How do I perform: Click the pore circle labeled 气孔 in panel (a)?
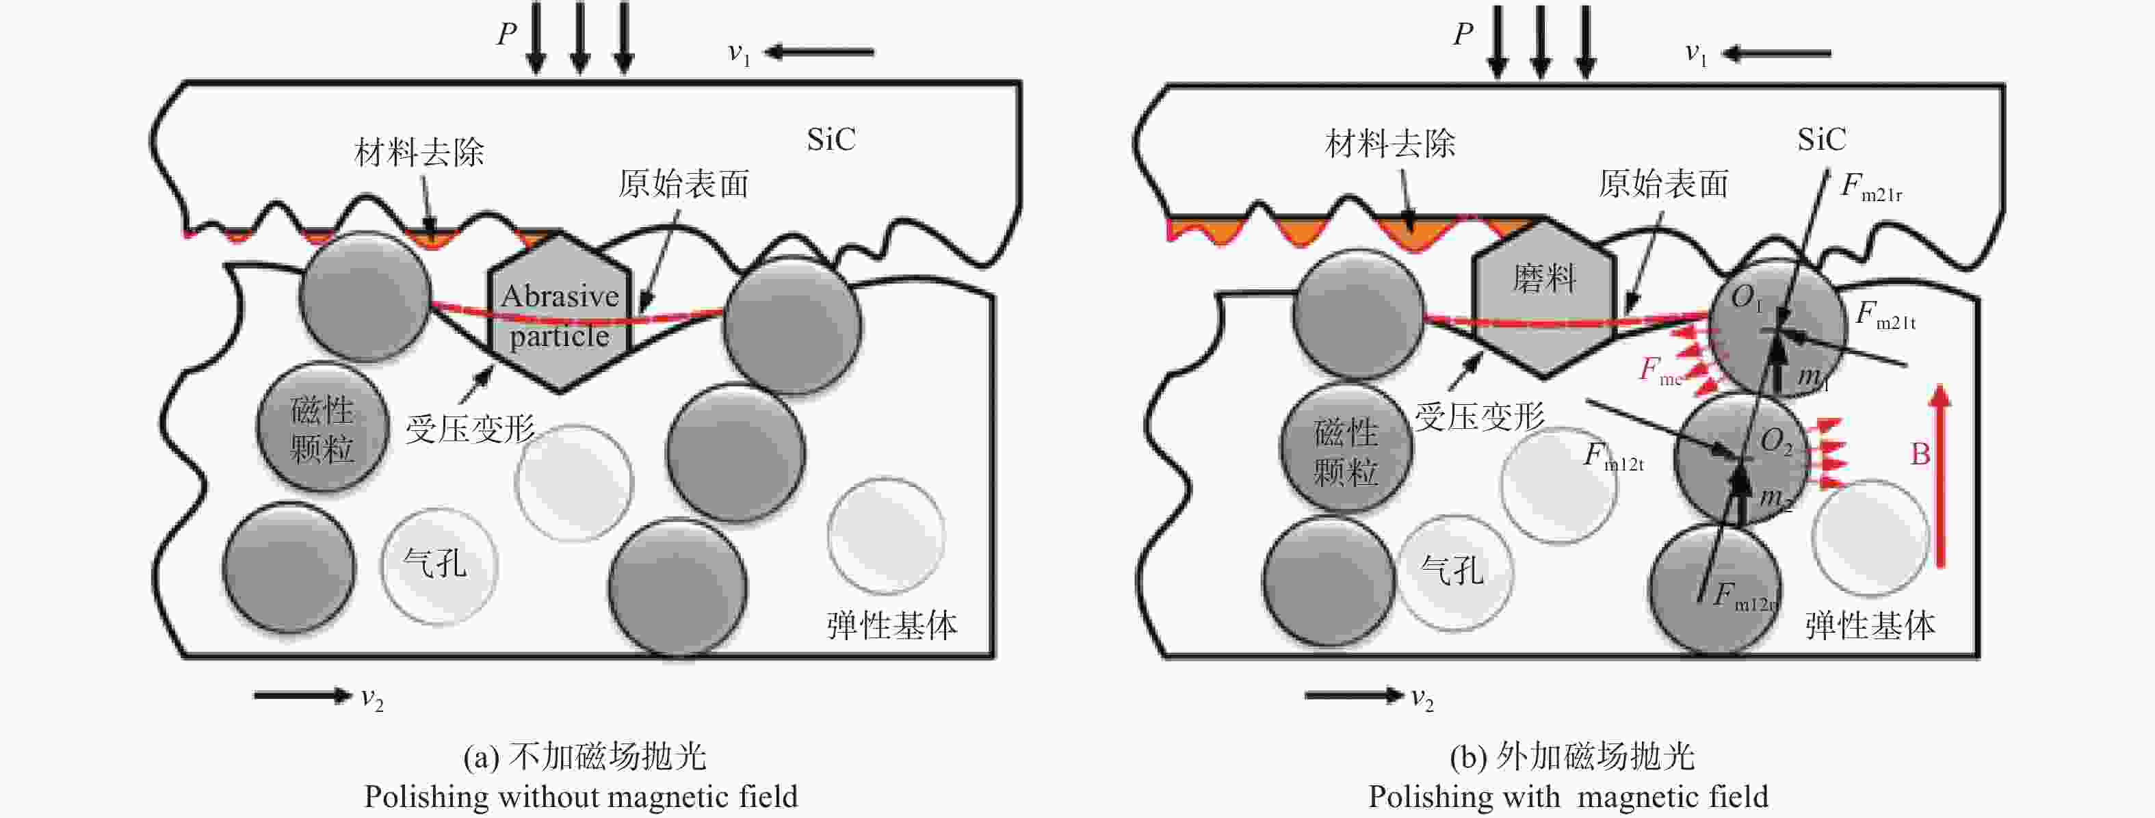coord(439,566)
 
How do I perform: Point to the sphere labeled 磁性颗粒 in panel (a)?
coord(322,427)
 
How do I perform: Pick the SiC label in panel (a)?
coord(831,140)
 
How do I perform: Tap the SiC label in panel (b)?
coord(1821,139)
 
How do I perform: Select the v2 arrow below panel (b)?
coord(1355,695)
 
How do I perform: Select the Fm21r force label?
coord(1870,187)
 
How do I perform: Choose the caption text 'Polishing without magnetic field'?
coord(581,797)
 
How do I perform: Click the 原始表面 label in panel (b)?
coord(1663,184)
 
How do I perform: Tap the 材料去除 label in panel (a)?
coord(419,153)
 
